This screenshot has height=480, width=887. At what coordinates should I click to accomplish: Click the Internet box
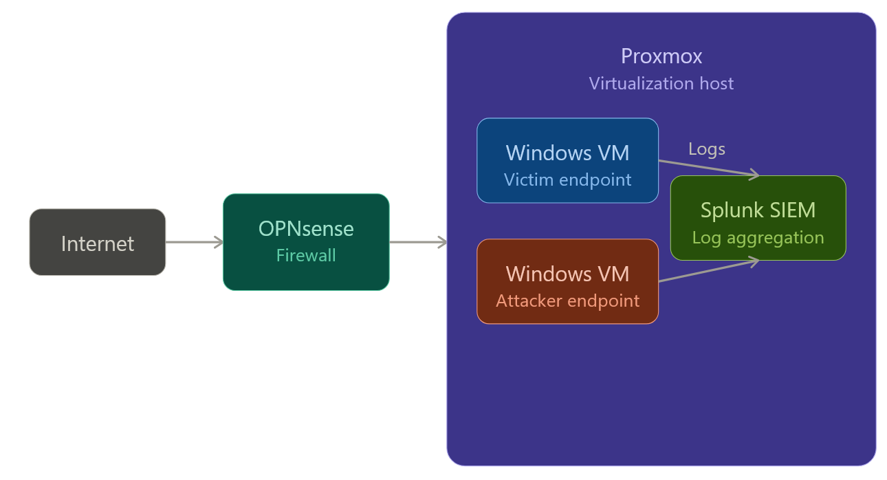97,242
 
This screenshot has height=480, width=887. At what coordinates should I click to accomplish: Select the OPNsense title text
306,229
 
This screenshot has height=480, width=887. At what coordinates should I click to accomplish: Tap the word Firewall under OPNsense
306,255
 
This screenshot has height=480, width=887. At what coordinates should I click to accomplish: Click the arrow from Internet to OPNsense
193,242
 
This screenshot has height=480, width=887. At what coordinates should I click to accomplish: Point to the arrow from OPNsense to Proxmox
417,242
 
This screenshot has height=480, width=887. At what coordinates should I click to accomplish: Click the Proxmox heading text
661,56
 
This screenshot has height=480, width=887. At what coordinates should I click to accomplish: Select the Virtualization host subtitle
661,83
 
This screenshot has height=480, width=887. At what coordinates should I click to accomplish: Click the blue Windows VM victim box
567,160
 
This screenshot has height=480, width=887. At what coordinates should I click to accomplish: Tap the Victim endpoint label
567,179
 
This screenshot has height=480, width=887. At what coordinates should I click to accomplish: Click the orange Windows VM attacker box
567,281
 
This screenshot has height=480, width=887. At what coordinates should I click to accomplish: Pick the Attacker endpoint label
567,301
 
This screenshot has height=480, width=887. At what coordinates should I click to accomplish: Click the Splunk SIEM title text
758,210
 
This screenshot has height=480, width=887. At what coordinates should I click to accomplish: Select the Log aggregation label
758,237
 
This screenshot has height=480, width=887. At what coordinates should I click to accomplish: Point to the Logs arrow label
706,149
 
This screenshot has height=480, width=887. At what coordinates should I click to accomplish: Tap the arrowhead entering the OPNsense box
219,242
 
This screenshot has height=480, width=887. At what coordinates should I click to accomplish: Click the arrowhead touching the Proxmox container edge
442,242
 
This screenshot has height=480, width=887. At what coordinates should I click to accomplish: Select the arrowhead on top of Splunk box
754,175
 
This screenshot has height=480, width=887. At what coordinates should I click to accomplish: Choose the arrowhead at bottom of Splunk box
754,261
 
